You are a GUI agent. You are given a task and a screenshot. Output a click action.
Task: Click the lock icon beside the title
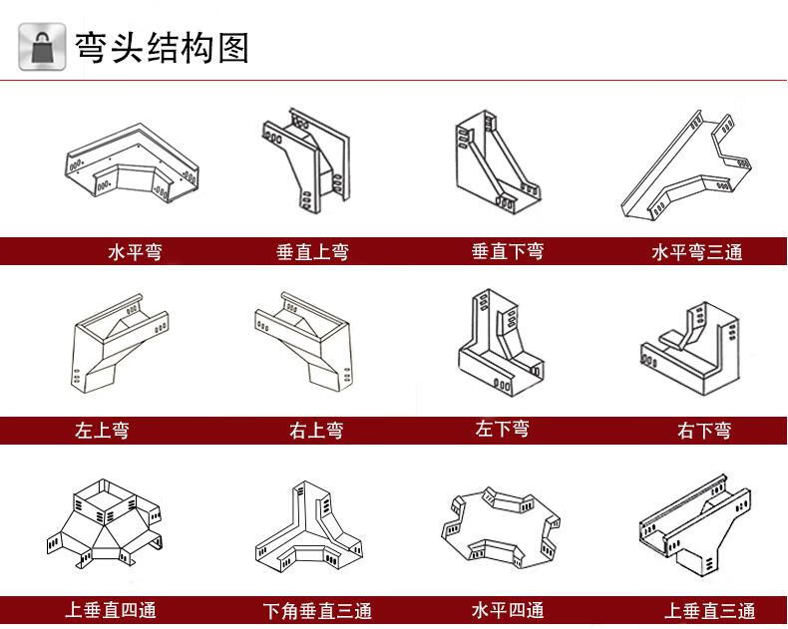pyautogui.click(x=42, y=47)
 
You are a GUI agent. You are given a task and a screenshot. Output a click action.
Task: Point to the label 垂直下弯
pyautogui.click(x=508, y=252)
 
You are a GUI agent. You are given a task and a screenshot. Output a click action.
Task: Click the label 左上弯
pyautogui.click(x=102, y=431)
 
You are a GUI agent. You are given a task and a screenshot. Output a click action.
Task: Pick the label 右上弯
pyautogui.click(x=316, y=431)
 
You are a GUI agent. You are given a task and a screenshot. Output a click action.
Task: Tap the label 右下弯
pyautogui.click(x=704, y=431)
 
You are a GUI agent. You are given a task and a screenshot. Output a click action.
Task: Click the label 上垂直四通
pyautogui.click(x=111, y=610)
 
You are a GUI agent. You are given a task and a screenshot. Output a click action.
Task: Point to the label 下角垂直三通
pyautogui.click(x=317, y=611)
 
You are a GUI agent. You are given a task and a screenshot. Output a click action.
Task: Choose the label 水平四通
pyautogui.click(x=508, y=610)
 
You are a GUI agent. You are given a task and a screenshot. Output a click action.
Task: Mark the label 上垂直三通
pyautogui.click(x=710, y=611)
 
